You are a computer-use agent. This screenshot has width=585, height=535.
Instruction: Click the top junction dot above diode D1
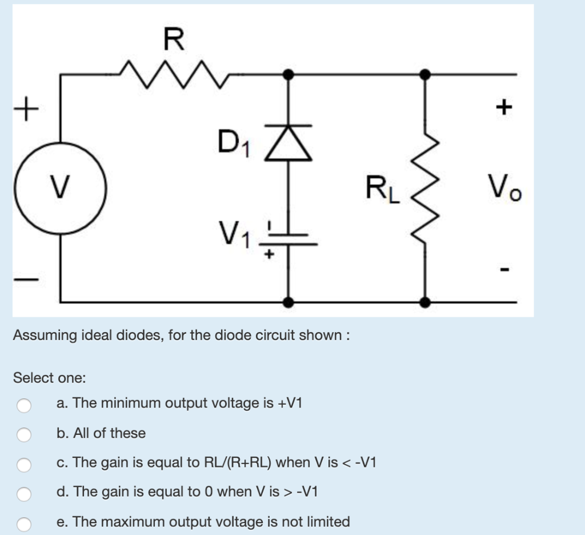(x=290, y=74)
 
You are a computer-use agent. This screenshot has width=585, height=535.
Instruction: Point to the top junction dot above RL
(x=424, y=74)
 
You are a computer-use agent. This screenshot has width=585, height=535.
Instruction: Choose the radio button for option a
(x=23, y=405)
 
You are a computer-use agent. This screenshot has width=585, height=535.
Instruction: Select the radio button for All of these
(x=23, y=435)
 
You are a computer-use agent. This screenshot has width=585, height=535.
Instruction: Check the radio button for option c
(x=23, y=465)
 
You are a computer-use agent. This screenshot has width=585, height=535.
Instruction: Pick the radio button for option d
(x=23, y=494)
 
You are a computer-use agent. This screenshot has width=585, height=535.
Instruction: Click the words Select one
(x=50, y=378)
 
